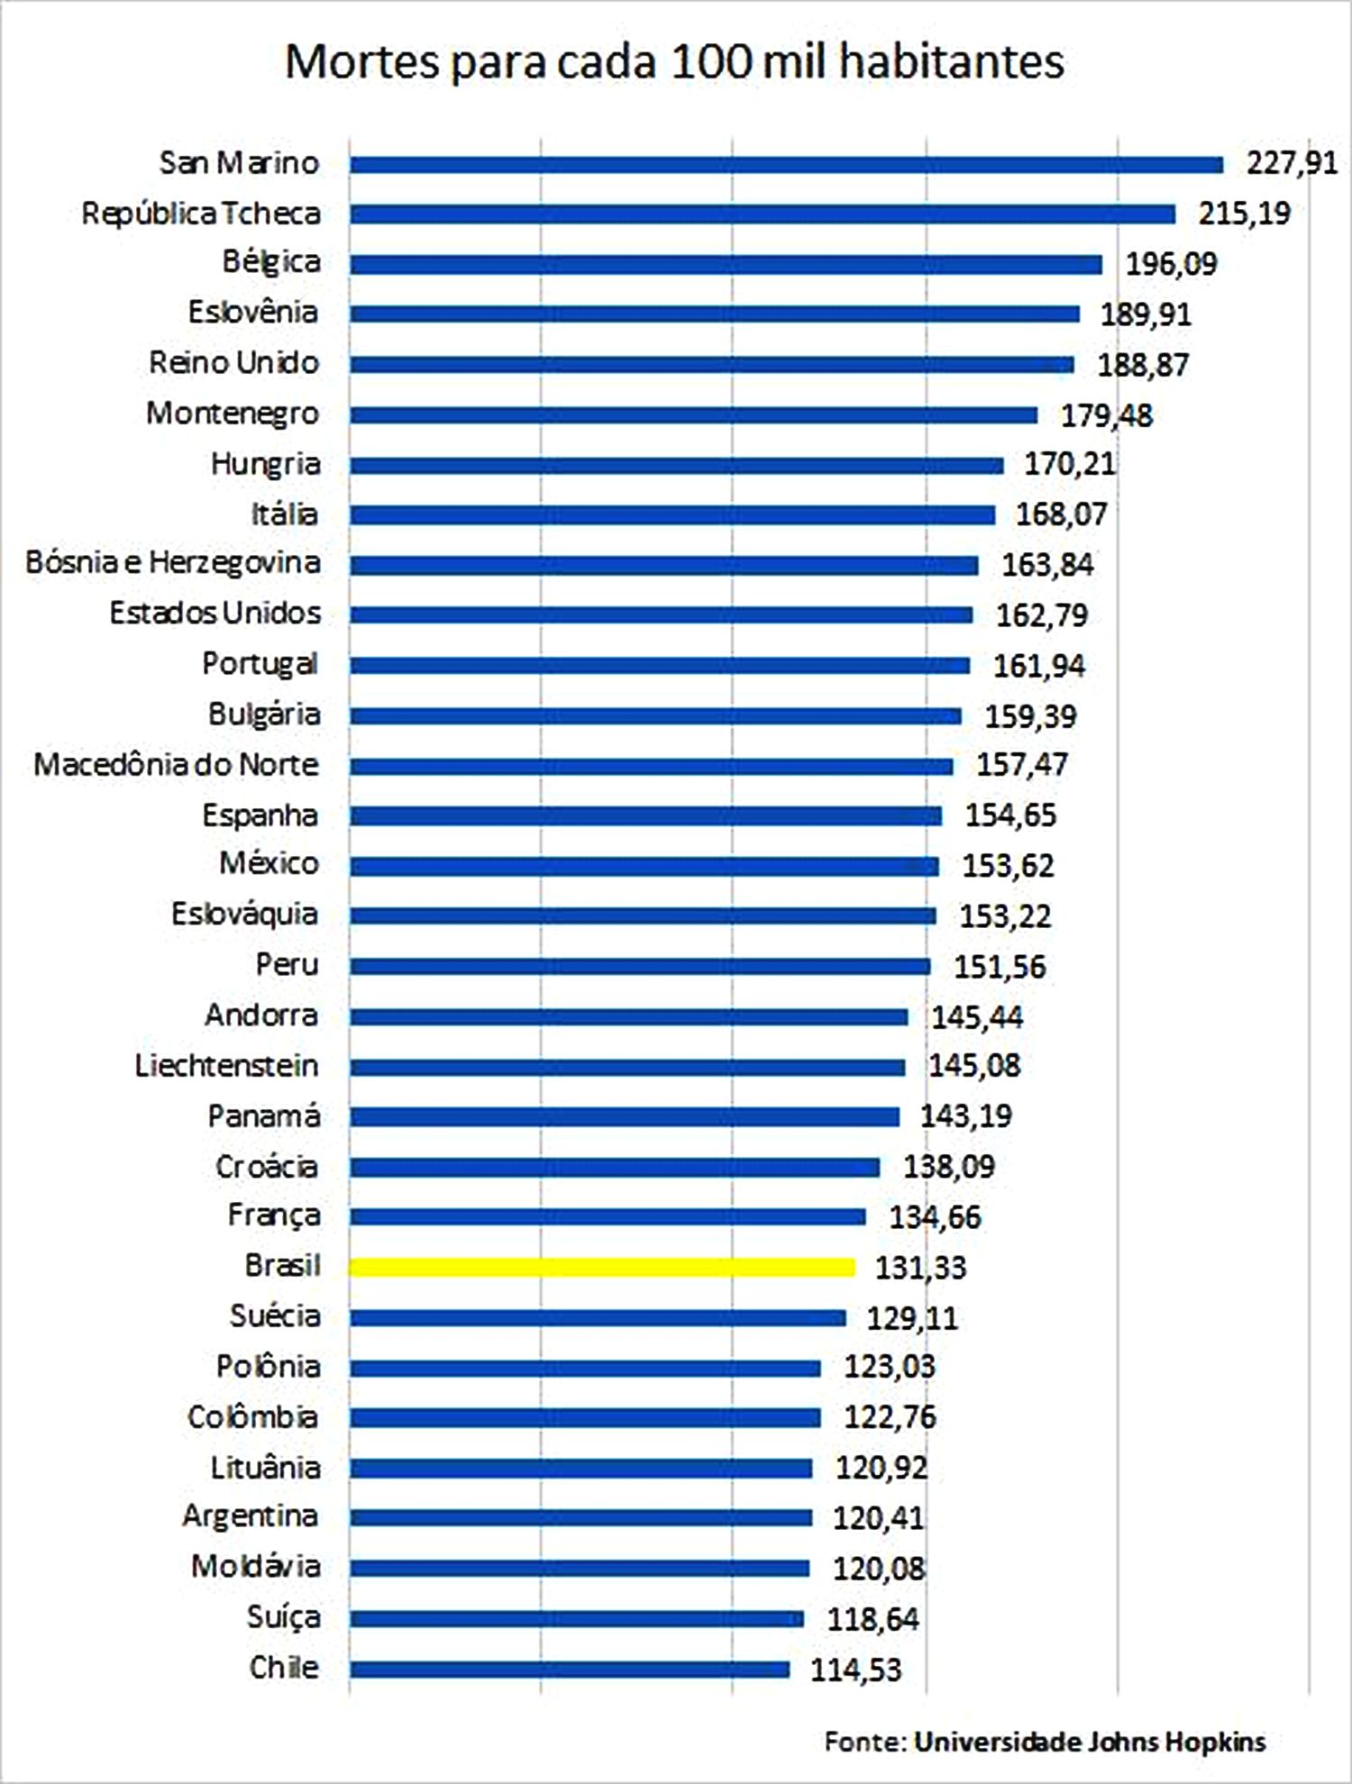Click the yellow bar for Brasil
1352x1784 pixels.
(x=602, y=1268)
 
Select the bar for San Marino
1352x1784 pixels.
(x=786, y=165)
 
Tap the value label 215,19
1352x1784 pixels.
(x=1244, y=214)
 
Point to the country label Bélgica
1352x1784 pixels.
(x=271, y=262)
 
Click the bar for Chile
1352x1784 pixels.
(x=570, y=1670)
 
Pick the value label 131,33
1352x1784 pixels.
(x=920, y=1268)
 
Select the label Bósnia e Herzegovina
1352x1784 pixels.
(x=173, y=563)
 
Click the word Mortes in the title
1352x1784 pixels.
(x=362, y=63)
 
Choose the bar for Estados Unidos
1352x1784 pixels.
(x=662, y=615)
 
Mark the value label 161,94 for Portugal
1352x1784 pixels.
(x=1038, y=666)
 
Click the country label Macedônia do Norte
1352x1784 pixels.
(x=177, y=765)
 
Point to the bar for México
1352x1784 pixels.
(x=644, y=867)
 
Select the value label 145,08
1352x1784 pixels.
(x=974, y=1066)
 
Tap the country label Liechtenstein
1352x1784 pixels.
(x=226, y=1066)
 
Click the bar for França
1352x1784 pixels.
(x=607, y=1217)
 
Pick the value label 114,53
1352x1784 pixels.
(x=855, y=1670)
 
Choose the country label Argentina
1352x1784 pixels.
(x=250, y=1515)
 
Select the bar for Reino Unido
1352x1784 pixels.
(x=712, y=365)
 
